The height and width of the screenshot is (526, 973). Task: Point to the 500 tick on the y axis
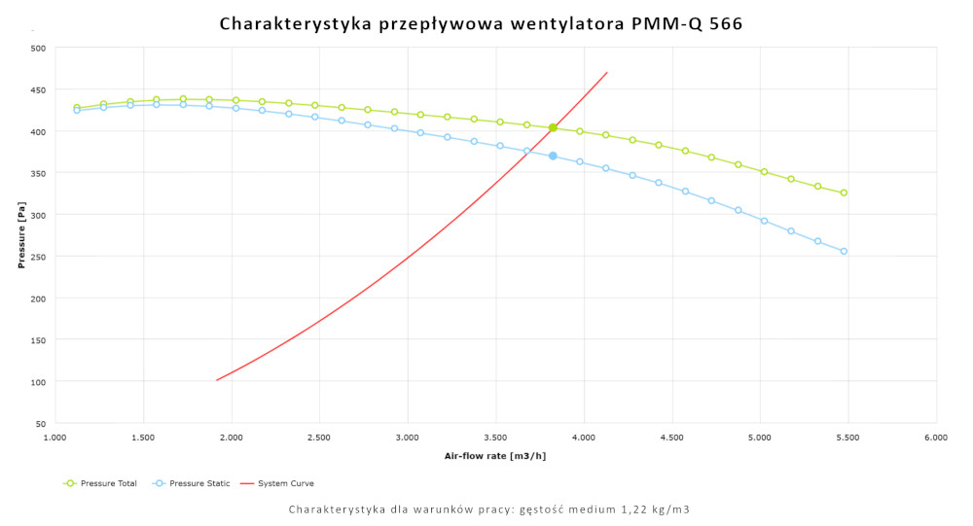pos(38,48)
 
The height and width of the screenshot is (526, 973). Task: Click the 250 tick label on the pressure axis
pos(38,257)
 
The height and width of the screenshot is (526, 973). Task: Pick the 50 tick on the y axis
pos(40,424)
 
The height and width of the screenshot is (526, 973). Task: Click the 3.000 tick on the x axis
pos(408,438)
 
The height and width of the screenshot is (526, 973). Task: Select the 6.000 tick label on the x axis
pos(936,438)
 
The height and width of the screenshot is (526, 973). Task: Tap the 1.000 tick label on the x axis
pos(55,438)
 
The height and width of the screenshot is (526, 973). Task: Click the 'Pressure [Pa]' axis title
pos(20,235)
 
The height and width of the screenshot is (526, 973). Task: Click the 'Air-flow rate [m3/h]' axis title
pos(494,455)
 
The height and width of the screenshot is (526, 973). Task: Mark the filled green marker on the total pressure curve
pos(553,127)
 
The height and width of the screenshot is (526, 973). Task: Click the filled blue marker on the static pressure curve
pos(553,156)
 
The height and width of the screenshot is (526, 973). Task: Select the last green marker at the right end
pos(844,193)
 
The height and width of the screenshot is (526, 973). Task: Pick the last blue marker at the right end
pos(844,251)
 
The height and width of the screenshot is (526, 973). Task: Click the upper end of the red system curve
pos(607,72)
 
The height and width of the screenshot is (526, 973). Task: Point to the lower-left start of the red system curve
pos(217,379)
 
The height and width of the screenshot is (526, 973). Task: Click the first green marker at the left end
pos(77,108)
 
